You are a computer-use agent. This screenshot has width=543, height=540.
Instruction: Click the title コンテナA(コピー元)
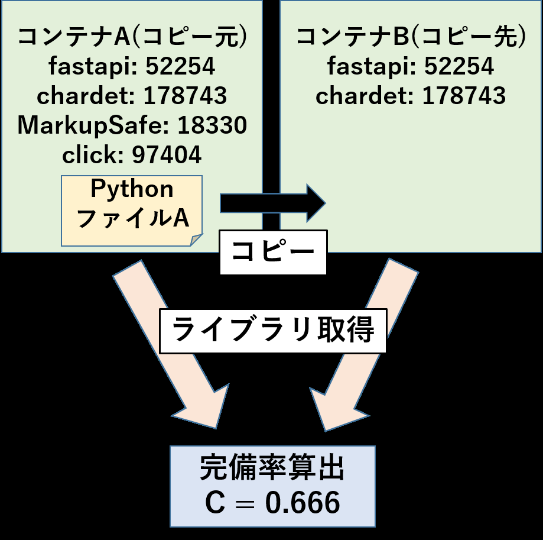(x=132, y=37)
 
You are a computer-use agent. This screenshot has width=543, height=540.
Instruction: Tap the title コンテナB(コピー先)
(x=411, y=37)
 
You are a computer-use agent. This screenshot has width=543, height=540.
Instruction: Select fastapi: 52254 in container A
(x=132, y=66)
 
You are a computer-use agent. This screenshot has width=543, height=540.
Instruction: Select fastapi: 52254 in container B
(x=411, y=66)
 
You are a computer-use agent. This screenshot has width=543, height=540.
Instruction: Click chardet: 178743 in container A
(x=132, y=96)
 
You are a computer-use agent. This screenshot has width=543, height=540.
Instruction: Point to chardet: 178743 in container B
(x=411, y=96)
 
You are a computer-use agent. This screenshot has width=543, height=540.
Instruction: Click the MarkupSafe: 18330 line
(x=132, y=125)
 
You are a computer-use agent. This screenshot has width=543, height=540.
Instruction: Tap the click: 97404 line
(x=132, y=154)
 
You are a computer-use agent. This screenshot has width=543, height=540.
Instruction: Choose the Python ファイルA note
(x=132, y=211)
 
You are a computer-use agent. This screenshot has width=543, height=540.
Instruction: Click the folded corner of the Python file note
(x=196, y=240)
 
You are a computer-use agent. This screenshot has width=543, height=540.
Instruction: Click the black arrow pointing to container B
(x=273, y=203)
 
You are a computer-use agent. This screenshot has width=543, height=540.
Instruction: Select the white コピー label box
(x=273, y=252)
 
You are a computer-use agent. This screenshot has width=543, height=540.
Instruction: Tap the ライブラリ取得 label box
(x=273, y=331)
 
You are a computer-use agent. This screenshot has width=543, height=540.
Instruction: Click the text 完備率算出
(x=272, y=468)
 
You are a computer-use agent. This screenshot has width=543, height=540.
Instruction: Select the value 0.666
(x=303, y=503)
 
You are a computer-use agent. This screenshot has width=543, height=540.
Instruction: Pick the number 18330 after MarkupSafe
(x=212, y=125)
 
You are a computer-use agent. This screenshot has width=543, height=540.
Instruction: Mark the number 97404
(x=167, y=154)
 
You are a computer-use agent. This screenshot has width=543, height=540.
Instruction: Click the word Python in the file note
(x=132, y=189)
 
